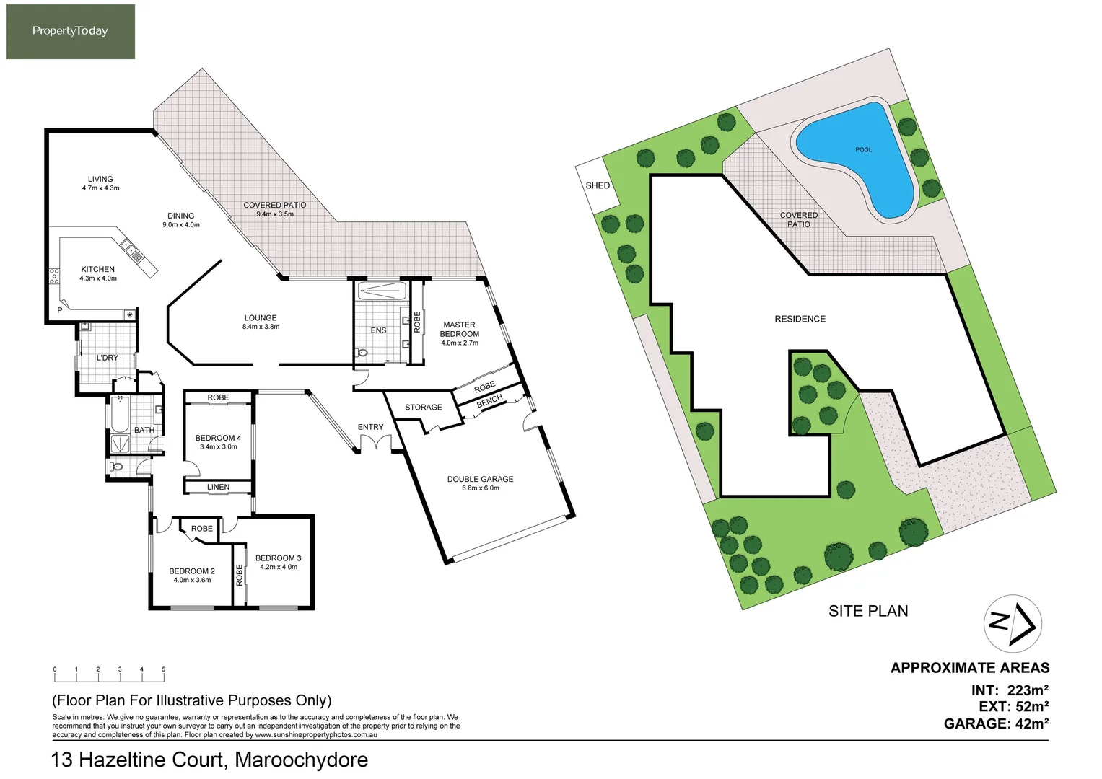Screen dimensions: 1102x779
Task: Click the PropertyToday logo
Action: tap(70, 32)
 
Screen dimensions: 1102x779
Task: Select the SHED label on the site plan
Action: tap(598, 185)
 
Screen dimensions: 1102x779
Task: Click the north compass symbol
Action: tap(1013, 624)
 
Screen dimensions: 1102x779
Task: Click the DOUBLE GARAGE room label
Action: tap(480, 479)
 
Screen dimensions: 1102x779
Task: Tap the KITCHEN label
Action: tap(98, 269)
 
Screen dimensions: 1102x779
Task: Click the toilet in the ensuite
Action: tap(362, 353)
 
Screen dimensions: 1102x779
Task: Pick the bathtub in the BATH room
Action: tap(121, 414)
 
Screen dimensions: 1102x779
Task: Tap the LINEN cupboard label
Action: tap(218, 487)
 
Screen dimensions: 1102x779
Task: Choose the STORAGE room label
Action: tap(424, 408)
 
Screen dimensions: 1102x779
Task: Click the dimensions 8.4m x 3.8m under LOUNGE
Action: tap(261, 327)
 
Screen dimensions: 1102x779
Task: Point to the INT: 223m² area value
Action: tap(1028, 690)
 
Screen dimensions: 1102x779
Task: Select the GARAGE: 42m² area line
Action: tap(996, 723)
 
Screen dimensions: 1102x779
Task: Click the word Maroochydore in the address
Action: tap(301, 760)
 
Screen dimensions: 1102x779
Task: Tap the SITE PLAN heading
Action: tap(868, 612)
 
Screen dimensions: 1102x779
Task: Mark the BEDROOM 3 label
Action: tap(278, 558)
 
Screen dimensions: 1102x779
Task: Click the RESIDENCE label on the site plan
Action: tap(800, 319)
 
